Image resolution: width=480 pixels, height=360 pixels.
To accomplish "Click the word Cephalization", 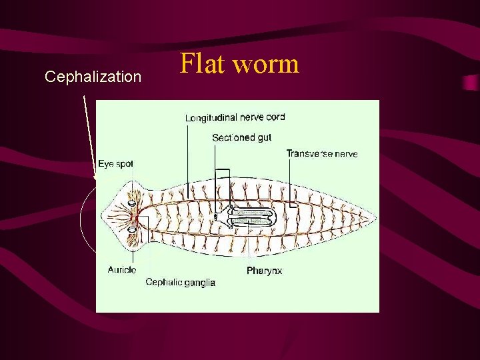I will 93,77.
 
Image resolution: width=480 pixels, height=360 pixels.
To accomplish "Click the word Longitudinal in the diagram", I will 211,118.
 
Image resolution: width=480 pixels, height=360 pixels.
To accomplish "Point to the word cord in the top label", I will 275,117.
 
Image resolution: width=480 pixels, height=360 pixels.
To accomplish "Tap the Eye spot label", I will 115,163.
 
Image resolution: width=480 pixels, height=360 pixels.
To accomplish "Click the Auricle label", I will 121,269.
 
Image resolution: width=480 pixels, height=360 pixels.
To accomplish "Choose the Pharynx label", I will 264,271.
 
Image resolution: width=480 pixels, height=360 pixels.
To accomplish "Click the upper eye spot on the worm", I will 132,203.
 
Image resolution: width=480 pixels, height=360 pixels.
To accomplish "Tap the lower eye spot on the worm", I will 132,230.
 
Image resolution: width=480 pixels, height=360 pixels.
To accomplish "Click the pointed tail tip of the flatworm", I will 375,217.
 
